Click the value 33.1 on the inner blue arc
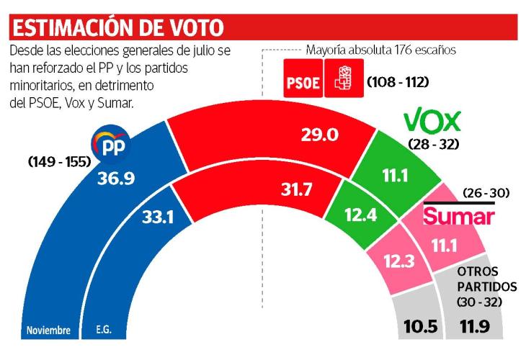pyautogui.click(x=153, y=216)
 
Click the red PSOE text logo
pyautogui.click(x=302, y=82)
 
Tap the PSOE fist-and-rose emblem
pyautogui.click(x=340, y=80)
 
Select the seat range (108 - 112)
pyautogui.click(x=398, y=82)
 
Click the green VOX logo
pyautogui.click(x=432, y=119)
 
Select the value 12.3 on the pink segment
pyautogui.click(x=398, y=261)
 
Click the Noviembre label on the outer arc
pyautogui.click(x=48, y=331)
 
